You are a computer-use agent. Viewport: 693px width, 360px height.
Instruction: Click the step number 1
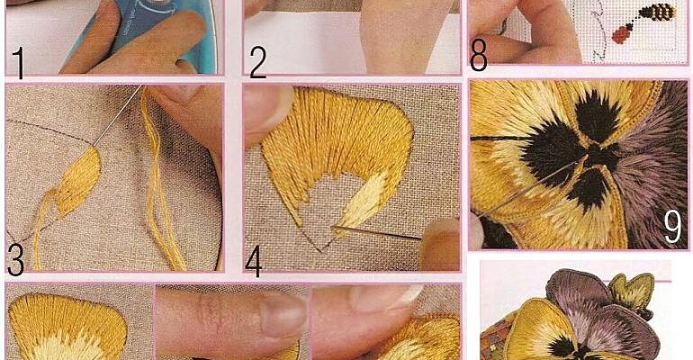[19, 62]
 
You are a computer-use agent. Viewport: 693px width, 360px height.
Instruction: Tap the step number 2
[257, 62]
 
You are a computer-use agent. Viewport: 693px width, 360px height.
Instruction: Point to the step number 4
[254, 260]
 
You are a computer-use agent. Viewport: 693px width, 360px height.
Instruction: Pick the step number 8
[478, 55]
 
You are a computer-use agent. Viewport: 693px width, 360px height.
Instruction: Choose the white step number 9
[672, 227]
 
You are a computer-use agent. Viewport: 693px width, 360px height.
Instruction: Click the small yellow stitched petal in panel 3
[78, 182]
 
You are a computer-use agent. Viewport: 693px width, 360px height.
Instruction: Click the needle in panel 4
[375, 233]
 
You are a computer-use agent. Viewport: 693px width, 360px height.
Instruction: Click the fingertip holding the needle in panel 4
[439, 244]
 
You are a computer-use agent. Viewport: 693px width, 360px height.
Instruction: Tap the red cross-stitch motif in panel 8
[621, 34]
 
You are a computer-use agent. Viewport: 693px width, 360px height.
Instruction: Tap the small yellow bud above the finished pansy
[632, 292]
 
